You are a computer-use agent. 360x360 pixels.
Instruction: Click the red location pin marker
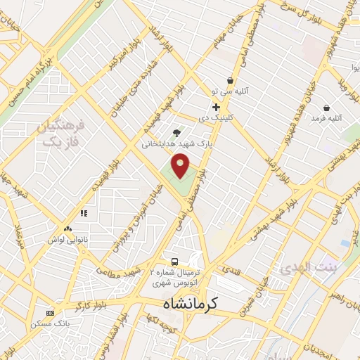click(x=182, y=165)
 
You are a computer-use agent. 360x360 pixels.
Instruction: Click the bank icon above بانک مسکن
click(x=50, y=313)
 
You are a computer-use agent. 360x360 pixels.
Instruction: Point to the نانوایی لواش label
click(x=67, y=240)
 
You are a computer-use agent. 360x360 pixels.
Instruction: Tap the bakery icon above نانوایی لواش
click(x=67, y=229)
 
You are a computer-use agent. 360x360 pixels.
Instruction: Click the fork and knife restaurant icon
click(x=84, y=213)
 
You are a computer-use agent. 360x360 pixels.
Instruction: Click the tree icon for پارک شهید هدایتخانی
click(x=176, y=132)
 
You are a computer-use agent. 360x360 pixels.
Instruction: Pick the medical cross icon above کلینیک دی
click(x=216, y=107)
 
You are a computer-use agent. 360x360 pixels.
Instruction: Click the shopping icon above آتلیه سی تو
click(x=230, y=80)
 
